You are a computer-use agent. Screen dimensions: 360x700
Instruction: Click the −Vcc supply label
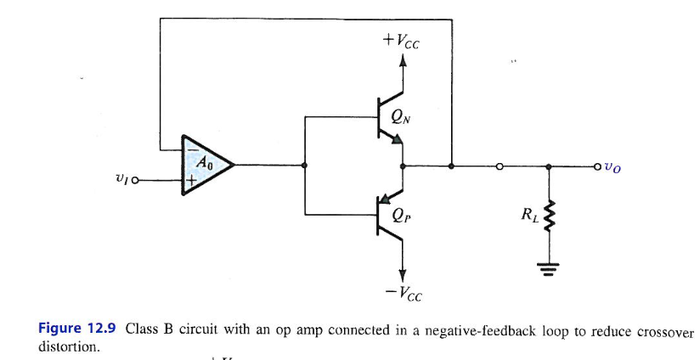coord(403,295)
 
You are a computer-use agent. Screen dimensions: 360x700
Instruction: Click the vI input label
coord(120,180)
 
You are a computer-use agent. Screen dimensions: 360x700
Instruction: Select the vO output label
coord(612,167)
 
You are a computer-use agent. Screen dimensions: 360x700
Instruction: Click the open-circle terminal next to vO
coord(597,166)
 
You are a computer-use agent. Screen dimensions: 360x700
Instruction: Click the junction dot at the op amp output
coord(304,166)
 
